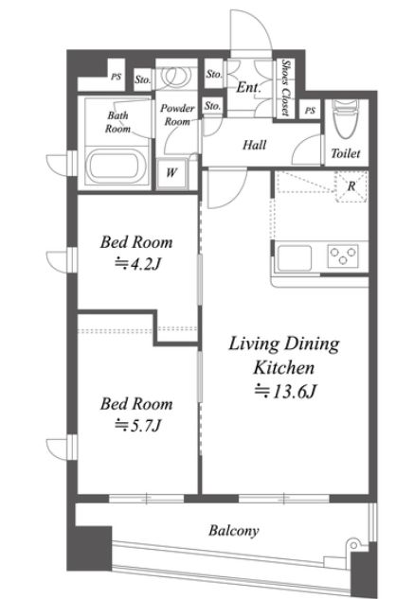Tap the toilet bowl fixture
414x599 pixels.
click(345, 118)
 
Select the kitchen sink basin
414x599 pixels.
click(295, 257)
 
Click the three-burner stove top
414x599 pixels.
click(343, 255)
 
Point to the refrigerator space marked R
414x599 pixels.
click(351, 186)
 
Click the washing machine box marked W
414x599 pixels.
click(171, 173)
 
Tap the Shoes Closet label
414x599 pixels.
click(285, 87)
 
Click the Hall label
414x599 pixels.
click(255, 145)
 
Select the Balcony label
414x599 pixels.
click(234, 531)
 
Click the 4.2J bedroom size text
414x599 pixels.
click(137, 264)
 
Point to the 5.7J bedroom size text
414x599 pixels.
click(137, 425)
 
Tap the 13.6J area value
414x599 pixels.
click(285, 391)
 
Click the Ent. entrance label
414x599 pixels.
click(248, 87)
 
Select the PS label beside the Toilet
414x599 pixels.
click(311, 111)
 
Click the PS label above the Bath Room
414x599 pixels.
click(117, 77)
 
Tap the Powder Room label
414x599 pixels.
click(177, 115)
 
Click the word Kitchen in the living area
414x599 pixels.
click(284, 367)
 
